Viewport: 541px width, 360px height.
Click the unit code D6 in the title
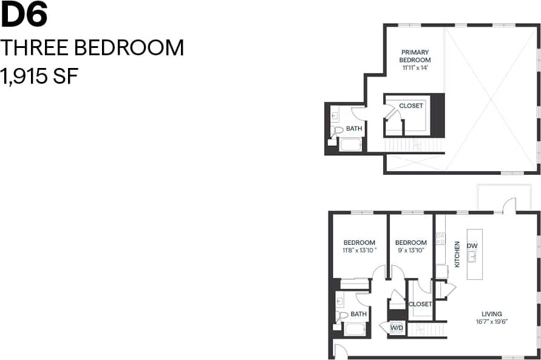[x=24, y=16]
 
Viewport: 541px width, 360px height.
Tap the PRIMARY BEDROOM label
[x=415, y=56]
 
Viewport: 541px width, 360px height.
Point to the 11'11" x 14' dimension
[x=415, y=68]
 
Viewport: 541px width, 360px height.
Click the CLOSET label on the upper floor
[x=411, y=106]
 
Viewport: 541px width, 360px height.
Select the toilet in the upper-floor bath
[x=338, y=129]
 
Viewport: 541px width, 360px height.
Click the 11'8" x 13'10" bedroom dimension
[x=359, y=250]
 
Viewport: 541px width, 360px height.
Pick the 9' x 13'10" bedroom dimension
[x=410, y=250]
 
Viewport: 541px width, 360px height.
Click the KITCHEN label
[x=457, y=254]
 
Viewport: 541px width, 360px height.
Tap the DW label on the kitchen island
[x=472, y=245]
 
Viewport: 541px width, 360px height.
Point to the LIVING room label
[x=491, y=313]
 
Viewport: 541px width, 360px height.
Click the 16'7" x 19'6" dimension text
[x=491, y=321]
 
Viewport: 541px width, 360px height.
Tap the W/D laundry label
[x=396, y=328]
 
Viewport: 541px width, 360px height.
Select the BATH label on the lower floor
[x=358, y=314]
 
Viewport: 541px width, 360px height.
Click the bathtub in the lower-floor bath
[x=355, y=330]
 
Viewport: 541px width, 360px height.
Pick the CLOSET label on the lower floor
[x=420, y=304]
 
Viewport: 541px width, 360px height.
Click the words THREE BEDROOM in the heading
[x=92, y=47]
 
